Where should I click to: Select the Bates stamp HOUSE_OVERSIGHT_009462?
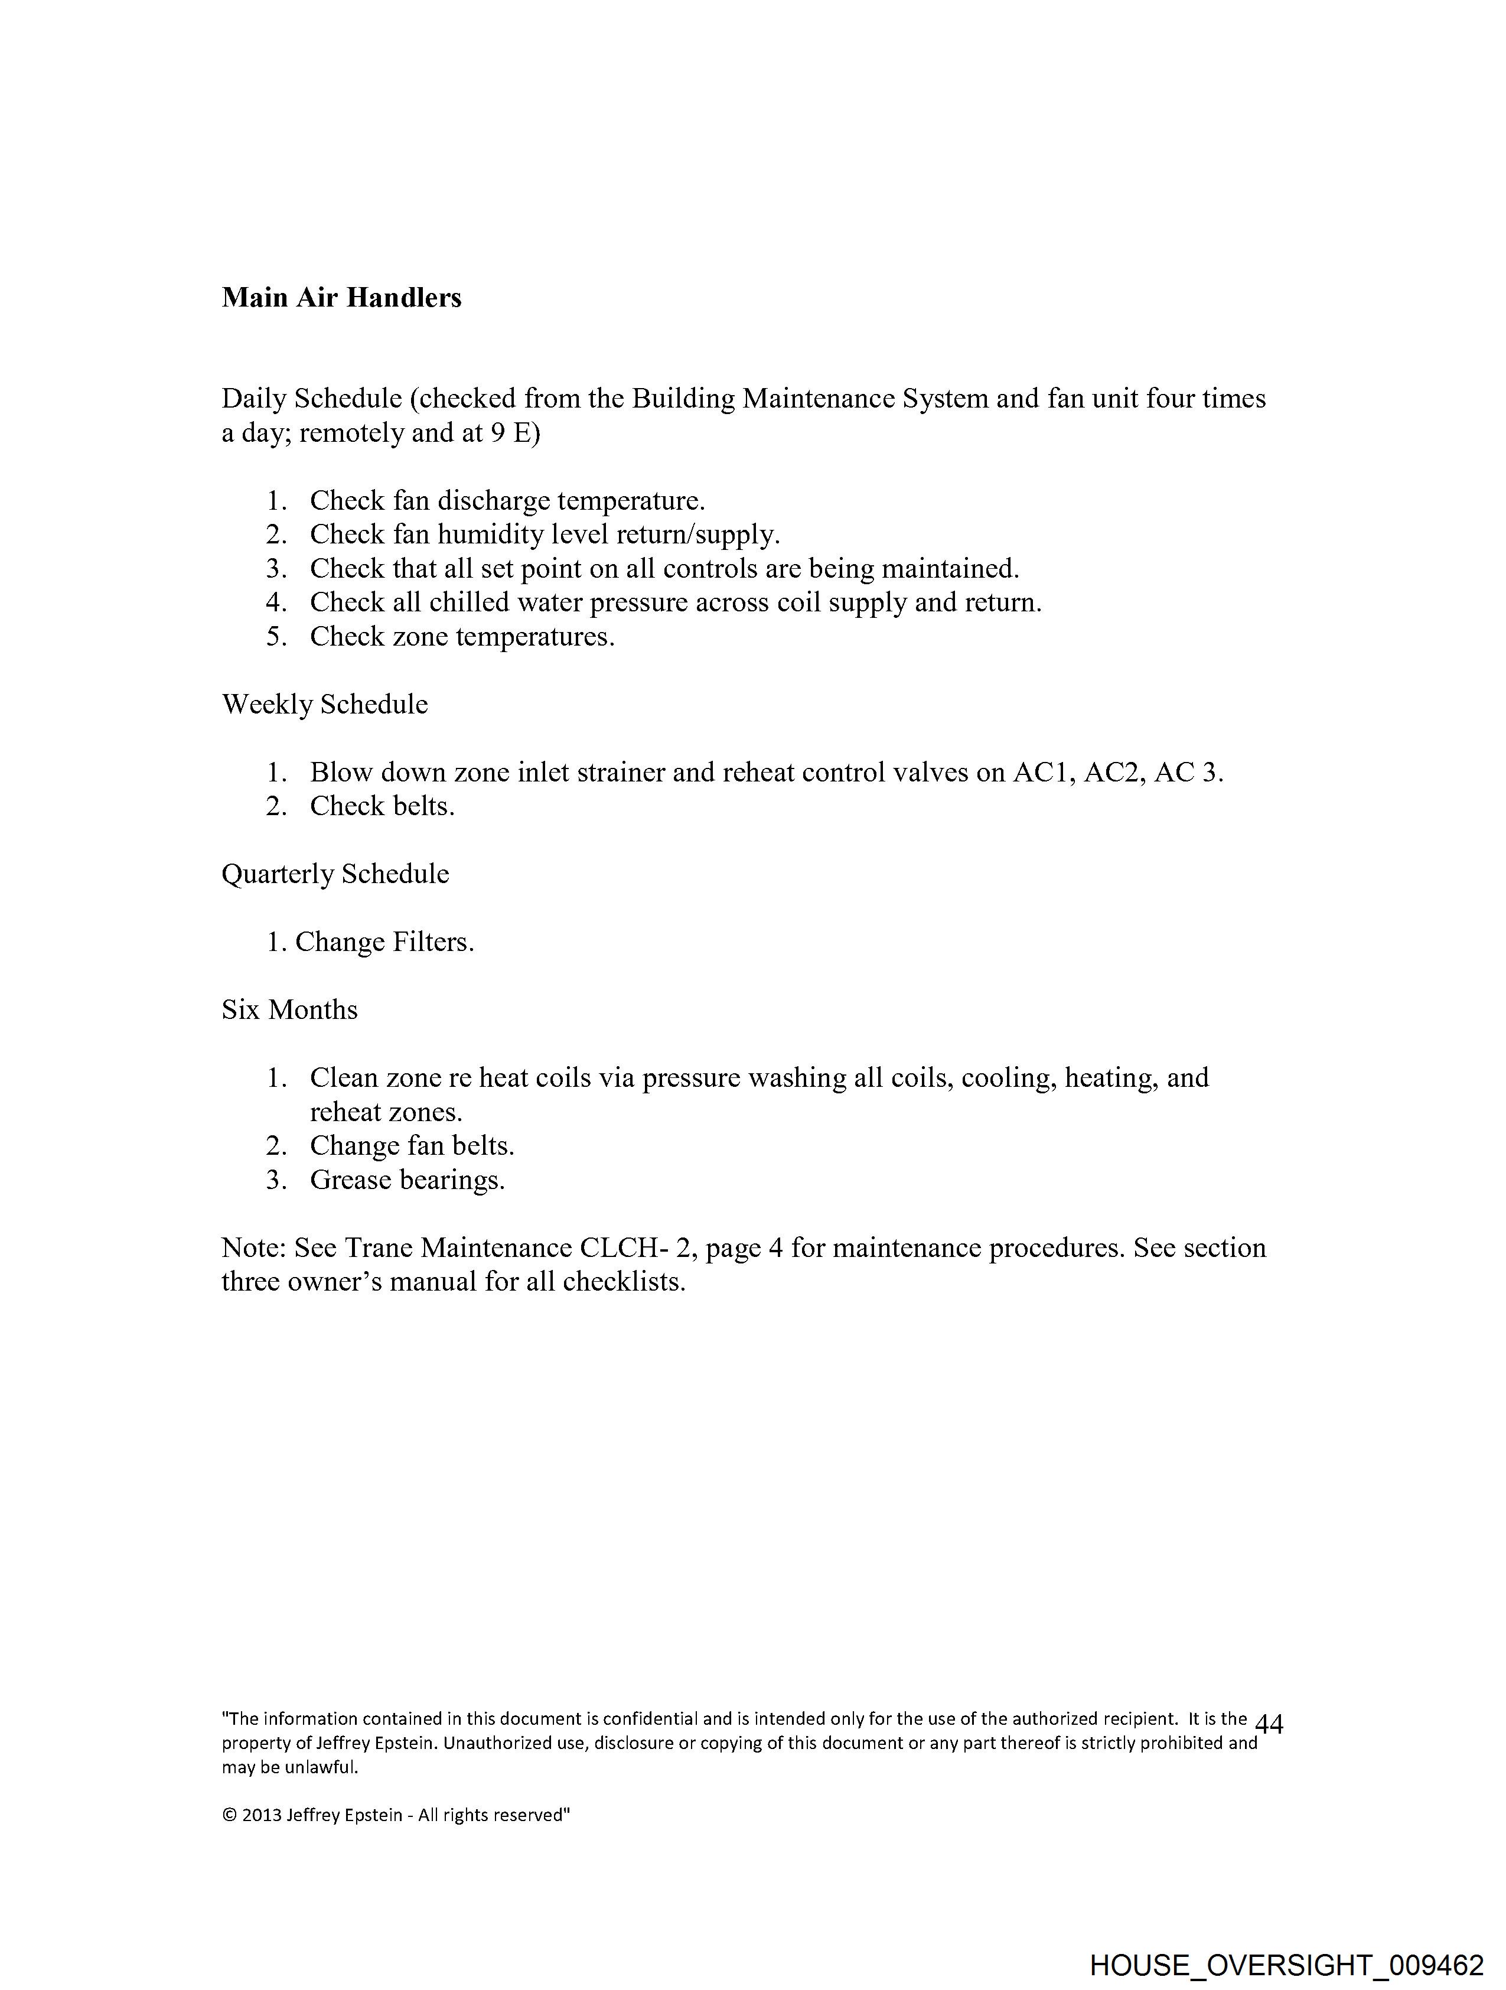click(x=1286, y=1964)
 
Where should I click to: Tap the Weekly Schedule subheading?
click(x=325, y=705)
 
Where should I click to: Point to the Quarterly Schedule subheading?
click(x=335, y=874)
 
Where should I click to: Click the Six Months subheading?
click(x=290, y=1010)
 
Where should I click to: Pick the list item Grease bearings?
click(x=408, y=1180)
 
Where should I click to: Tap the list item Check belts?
click(x=382, y=806)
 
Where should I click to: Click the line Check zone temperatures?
click(x=462, y=637)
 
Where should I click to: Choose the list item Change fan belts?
click(x=412, y=1146)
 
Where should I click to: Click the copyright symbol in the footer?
click(x=229, y=1816)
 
